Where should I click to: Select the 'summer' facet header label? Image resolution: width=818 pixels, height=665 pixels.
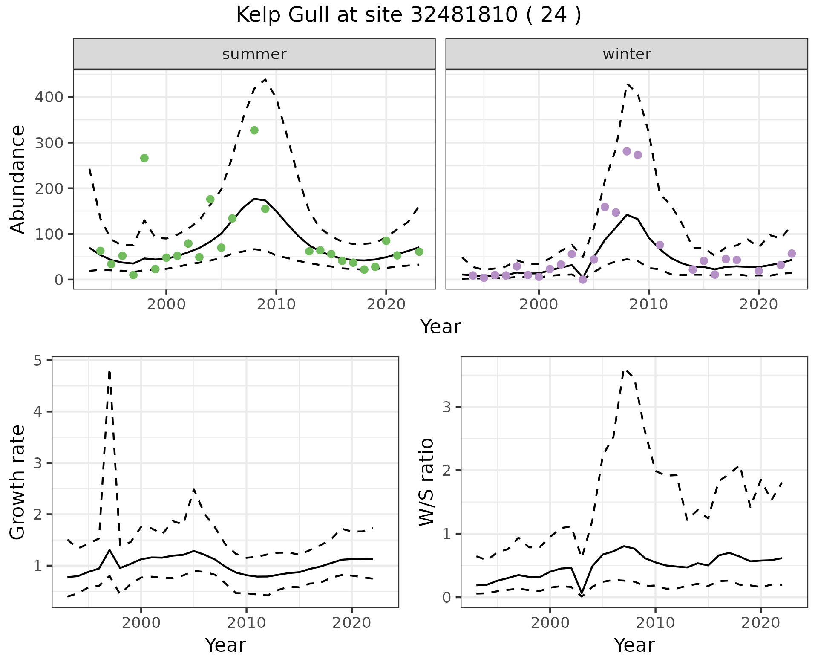pos(254,54)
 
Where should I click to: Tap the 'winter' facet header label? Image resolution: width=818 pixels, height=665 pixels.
pos(627,54)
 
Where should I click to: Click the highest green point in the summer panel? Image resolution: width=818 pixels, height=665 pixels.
pos(254,130)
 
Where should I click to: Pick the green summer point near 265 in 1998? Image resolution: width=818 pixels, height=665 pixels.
pos(144,158)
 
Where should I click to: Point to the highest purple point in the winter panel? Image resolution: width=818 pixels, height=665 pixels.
pos(627,151)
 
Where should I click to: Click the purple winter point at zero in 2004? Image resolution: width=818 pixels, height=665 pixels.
pos(583,280)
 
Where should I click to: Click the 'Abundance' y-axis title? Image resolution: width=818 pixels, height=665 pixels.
pos(18,179)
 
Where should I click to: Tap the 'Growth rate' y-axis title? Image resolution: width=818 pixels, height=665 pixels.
pos(18,482)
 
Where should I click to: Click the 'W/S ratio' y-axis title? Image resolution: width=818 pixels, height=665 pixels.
pos(426,482)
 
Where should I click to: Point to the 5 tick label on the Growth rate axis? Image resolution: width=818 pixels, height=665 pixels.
pos(43,361)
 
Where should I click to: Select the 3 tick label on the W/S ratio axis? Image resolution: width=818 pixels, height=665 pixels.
pos(446,407)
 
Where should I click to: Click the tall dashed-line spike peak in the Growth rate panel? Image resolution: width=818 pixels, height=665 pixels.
pos(109,372)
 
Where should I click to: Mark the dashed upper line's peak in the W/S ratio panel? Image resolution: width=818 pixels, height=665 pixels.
pos(625,370)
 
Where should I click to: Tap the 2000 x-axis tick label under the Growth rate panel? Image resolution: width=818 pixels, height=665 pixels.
pos(141,623)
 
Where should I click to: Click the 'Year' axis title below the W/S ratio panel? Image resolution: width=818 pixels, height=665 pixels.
pos(634,645)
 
